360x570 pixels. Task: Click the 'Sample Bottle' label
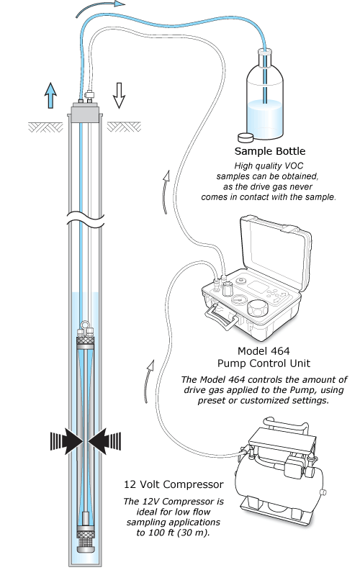pos(270,152)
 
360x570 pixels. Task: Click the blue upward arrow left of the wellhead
pos(50,94)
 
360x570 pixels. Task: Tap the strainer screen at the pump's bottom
pos(86,536)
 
